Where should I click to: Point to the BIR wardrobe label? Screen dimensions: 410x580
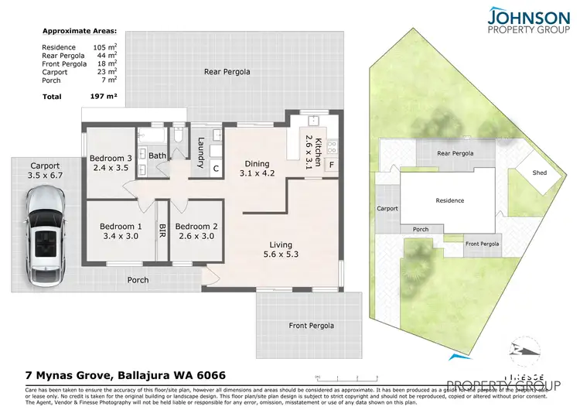point(162,230)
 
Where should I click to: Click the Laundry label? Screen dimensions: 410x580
point(200,147)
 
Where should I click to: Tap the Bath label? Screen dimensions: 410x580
point(157,155)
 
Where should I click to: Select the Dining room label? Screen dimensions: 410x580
point(258,163)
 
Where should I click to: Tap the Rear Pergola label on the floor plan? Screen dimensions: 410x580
point(227,72)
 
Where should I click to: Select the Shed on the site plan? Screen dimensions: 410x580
point(539,173)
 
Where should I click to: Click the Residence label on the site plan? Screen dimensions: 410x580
point(449,200)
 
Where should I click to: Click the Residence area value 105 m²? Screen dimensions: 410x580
point(96,48)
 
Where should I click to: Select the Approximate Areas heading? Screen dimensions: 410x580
point(79,32)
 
